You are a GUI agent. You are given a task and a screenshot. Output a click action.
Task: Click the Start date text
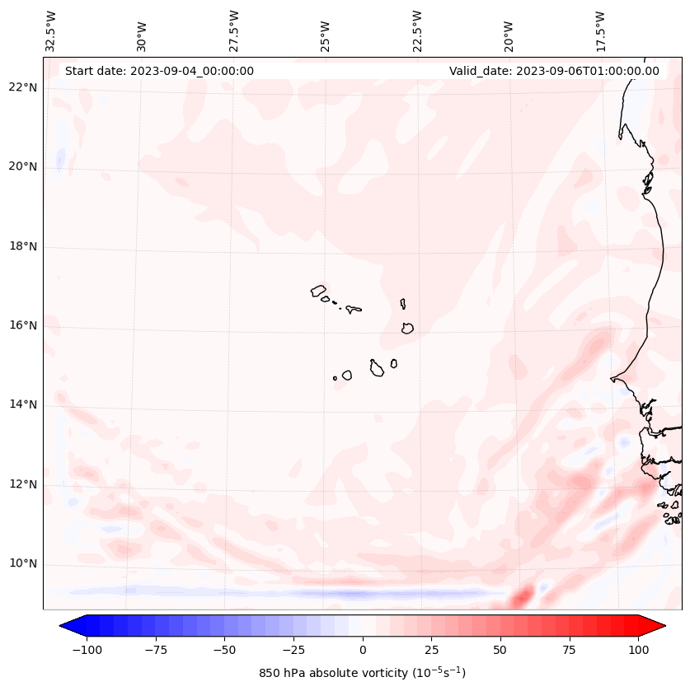click(159, 71)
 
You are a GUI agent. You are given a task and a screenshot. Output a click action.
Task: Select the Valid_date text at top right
click(554, 71)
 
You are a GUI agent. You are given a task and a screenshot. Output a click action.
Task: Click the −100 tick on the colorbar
click(87, 650)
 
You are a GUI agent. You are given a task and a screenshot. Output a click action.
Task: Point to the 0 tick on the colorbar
click(363, 650)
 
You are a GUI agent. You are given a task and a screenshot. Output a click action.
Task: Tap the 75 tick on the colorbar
click(570, 650)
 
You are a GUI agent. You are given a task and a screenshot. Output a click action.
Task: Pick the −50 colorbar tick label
click(224, 650)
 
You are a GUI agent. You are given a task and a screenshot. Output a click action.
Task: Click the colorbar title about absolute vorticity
click(362, 673)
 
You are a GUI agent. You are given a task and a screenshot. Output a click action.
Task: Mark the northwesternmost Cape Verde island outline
click(318, 290)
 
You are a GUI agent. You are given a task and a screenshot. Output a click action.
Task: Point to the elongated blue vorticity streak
click(330, 592)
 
